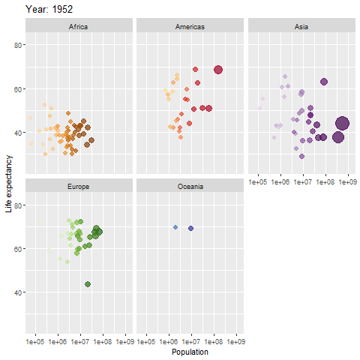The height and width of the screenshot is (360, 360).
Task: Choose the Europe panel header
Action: tap(78, 185)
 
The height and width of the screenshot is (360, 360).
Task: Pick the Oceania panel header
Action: tap(190, 185)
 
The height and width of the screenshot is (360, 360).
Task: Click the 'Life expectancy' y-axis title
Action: tap(9, 184)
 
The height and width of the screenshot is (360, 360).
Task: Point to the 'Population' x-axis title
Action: tap(190, 352)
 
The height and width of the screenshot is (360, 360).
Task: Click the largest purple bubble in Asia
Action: tap(343, 124)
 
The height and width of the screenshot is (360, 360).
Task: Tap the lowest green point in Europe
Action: tap(88, 284)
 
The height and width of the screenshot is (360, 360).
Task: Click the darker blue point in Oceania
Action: tap(191, 228)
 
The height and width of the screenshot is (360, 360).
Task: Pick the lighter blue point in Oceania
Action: tap(175, 227)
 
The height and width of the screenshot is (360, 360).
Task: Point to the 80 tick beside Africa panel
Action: tap(18, 45)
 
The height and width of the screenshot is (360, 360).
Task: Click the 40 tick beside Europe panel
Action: tap(18, 292)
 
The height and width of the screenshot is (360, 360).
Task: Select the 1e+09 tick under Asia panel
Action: tap(348, 182)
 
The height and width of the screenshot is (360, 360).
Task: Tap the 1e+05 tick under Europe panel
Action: tap(35, 341)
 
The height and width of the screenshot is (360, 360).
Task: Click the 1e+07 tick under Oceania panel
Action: tap(191, 341)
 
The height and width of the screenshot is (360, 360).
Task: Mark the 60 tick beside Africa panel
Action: tap(18, 88)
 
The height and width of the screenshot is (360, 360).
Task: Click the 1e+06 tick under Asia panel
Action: tap(280, 182)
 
